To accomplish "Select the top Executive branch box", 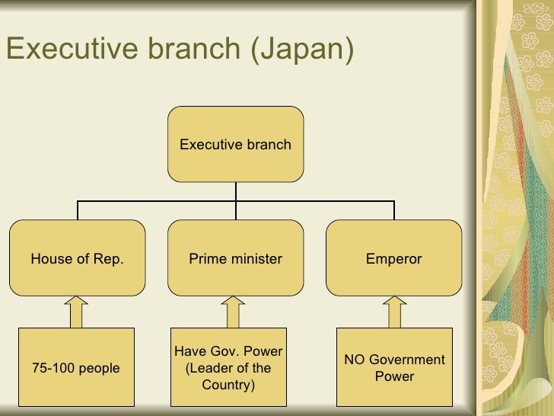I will point(235,144).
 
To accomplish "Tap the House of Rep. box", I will point(77,258).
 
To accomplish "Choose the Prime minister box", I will point(235,258).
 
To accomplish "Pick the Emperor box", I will point(393,258).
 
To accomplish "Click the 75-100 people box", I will point(76,368).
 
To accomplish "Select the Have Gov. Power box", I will point(228,368).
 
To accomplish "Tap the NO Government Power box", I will point(394,368).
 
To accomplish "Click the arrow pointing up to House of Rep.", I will point(77,312).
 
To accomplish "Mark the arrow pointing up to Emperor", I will point(393,312).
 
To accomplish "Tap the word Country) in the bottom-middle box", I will point(228,386).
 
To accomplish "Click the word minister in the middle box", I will point(256,259).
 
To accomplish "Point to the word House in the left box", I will point(47,259).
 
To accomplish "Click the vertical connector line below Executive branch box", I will point(235,191).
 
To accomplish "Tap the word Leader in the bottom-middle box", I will point(212,369).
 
